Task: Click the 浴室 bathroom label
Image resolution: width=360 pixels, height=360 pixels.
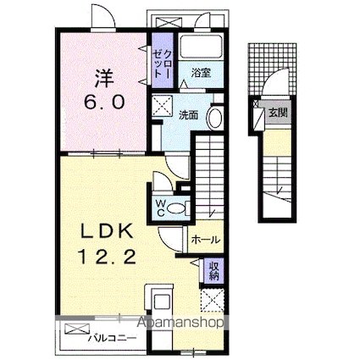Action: pyautogui.click(x=201, y=73)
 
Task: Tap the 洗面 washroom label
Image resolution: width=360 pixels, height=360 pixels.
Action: pyautogui.click(x=188, y=114)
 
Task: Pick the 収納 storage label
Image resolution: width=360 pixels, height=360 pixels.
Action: pyautogui.click(x=214, y=271)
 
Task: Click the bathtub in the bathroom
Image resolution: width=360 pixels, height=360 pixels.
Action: pyautogui.click(x=201, y=50)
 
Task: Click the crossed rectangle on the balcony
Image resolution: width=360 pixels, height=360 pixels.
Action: pyautogui.click(x=75, y=329)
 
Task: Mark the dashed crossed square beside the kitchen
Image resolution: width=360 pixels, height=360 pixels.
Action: pyautogui.click(x=212, y=300)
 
